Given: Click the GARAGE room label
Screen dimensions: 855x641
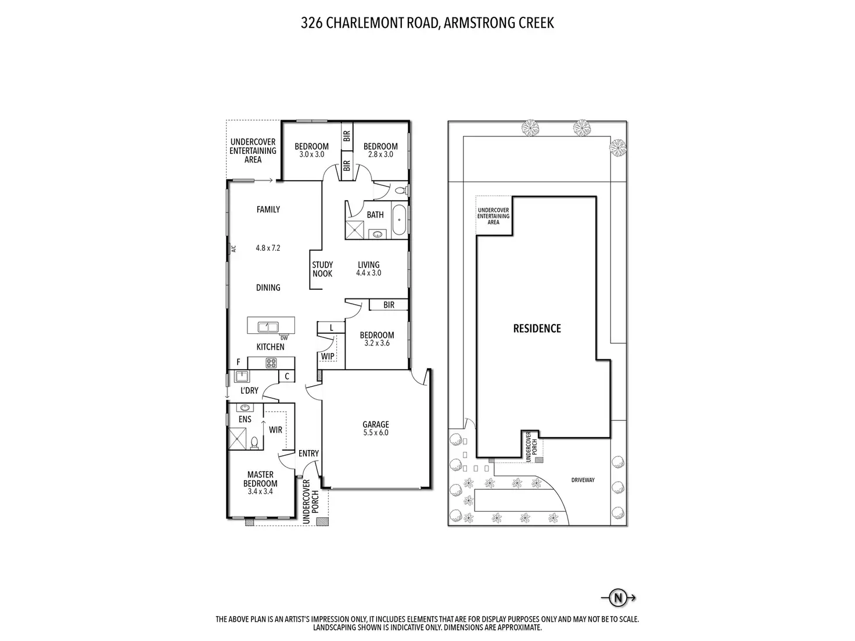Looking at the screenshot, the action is (x=376, y=424).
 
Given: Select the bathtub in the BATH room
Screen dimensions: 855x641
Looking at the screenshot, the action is (x=399, y=220).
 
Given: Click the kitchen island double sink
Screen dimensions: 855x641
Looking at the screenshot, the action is (x=268, y=327).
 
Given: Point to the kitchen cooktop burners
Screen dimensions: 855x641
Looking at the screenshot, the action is (x=271, y=363).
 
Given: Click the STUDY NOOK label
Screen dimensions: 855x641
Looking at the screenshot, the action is (x=322, y=269).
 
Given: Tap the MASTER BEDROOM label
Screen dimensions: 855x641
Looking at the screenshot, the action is (x=260, y=479).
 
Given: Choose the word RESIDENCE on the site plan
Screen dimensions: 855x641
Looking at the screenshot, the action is (x=537, y=329).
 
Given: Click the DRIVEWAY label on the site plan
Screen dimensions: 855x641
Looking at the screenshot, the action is (x=583, y=480).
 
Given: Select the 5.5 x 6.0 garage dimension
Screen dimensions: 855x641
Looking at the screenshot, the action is (x=376, y=433).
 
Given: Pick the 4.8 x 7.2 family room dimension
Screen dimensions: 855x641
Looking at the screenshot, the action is (x=268, y=248).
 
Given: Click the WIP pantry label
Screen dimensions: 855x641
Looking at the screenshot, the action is (x=328, y=356).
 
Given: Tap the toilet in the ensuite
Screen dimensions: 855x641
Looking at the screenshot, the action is (x=254, y=443).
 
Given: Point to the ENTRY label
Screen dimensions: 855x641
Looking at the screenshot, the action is (x=308, y=453).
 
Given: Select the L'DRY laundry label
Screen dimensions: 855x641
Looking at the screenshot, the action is (x=249, y=391).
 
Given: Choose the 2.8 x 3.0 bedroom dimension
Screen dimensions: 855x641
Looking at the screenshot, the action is (x=380, y=154).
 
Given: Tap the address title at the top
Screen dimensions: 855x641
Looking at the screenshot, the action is (x=427, y=23).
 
